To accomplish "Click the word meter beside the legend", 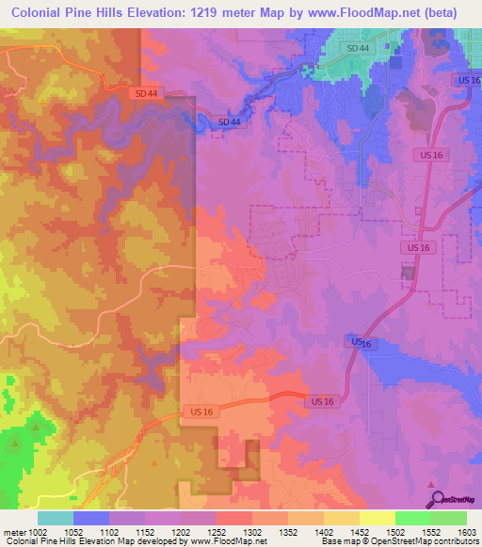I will (x=12, y=532).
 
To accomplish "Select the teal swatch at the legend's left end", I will (x=56, y=518).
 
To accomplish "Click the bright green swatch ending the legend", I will (x=449, y=518).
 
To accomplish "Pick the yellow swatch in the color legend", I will (x=378, y=518).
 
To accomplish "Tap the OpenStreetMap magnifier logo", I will (x=433, y=499).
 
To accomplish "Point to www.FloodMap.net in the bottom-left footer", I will (x=226, y=541).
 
